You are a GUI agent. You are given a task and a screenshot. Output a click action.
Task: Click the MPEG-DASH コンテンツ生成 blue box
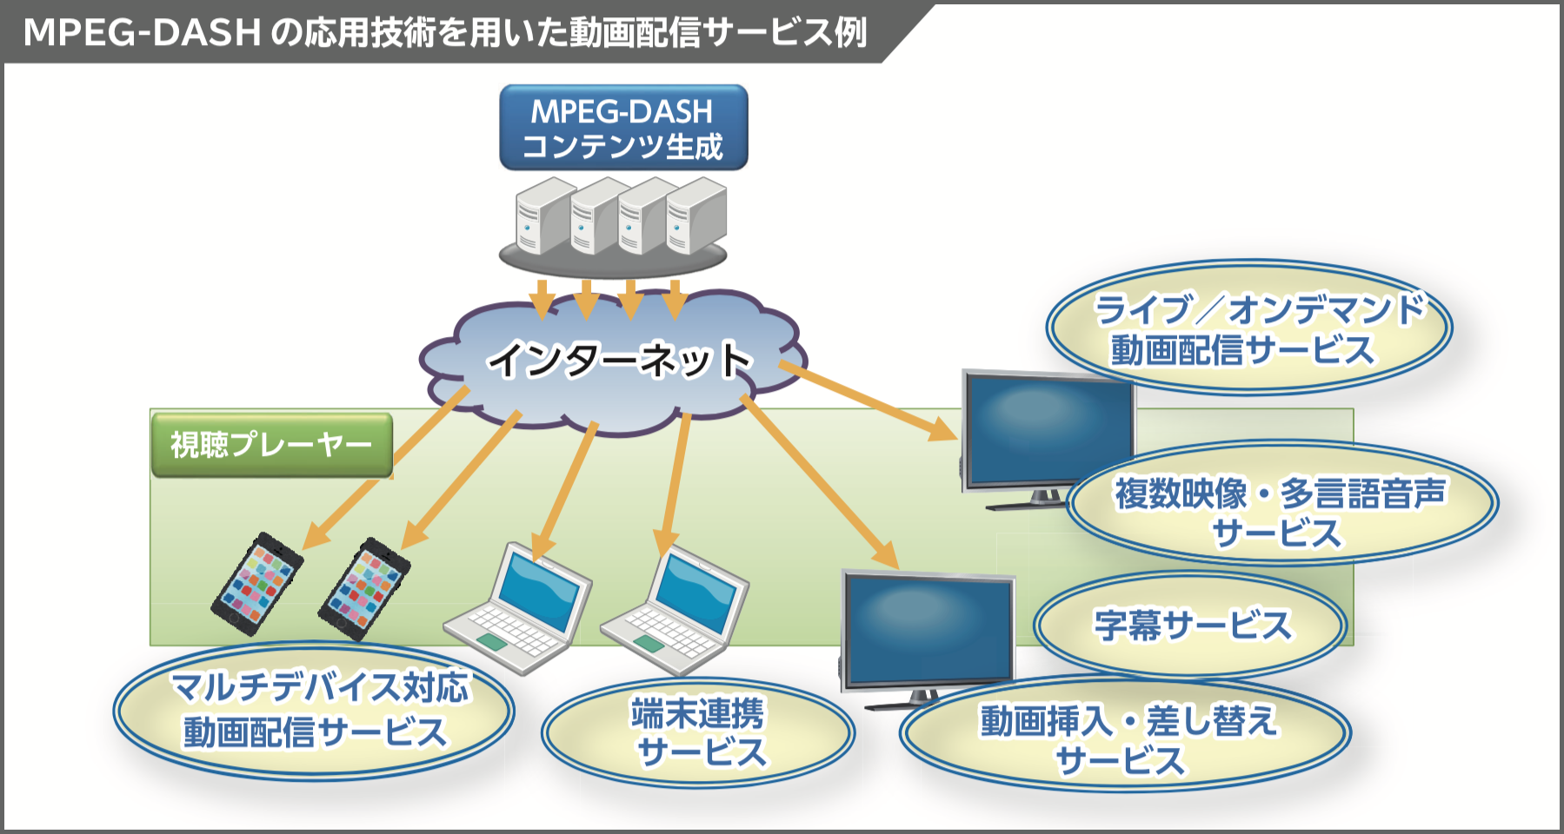pyautogui.click(x=623, y=128)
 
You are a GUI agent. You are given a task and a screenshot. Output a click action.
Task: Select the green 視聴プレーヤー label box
pyautogui.click(x=271, y=445)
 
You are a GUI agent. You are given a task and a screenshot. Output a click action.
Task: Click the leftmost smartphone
pyautogui.click(x=257, y=583)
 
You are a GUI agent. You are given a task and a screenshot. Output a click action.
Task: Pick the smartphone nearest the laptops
pyautogui.click(x=365, y=589)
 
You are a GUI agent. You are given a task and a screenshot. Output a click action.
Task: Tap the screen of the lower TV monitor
pyautogui.click(x=927, y=627)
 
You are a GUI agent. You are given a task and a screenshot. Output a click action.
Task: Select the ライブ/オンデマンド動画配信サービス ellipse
pyautogui.click(x=1248, y=329)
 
